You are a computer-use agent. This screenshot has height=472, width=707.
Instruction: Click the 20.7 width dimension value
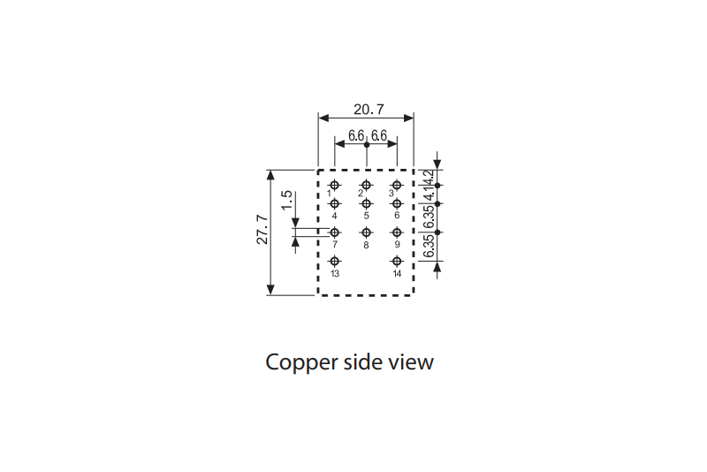[369, 110]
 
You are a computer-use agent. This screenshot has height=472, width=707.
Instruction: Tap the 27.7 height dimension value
[262, 231]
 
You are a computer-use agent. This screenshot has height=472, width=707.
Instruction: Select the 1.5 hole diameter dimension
[286, 200]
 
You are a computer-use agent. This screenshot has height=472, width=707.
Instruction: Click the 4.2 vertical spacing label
[430, 177]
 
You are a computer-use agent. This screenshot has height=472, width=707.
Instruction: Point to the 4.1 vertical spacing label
[430, 194]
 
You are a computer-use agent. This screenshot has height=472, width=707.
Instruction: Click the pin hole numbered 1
[335, 185]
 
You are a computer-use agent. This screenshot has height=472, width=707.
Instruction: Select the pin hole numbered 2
[366, 185]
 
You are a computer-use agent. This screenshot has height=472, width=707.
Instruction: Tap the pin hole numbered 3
[397, 185]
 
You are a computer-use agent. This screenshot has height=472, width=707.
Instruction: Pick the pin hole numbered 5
[366, 204]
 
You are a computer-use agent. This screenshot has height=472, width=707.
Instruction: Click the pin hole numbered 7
[335, 232]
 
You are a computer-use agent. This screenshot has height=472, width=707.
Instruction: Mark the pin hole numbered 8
[366, 232]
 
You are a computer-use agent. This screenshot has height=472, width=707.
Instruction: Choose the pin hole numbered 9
[397, 232]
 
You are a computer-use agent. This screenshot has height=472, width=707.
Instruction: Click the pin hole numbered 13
[335, 261]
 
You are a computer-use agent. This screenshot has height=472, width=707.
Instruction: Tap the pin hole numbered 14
[397, 261]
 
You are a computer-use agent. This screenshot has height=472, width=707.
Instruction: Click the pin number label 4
[335, 216]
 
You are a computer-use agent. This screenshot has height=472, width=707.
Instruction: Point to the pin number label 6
[397, 216]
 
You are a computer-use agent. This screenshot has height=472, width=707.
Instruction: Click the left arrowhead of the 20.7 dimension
[323, 118]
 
